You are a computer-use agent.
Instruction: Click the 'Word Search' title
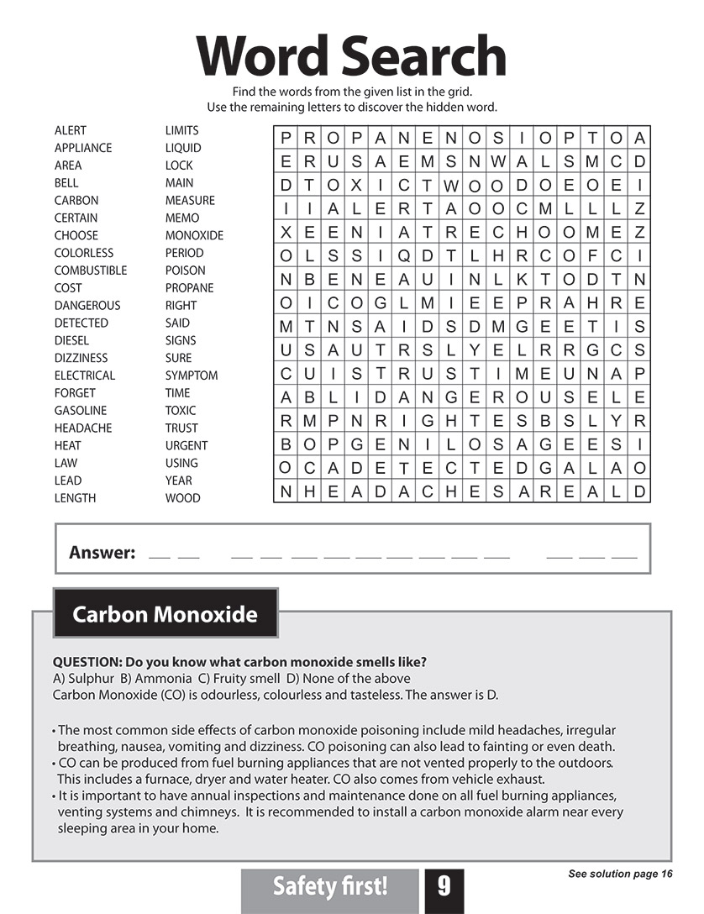(x=351, y=56)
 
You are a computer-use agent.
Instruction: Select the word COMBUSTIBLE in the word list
(x=91, y=271)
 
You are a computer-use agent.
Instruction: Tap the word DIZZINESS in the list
(x=81, y=358)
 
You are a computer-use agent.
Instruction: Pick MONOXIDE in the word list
(x=194, y=235)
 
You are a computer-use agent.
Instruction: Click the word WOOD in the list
(x=182, y=498)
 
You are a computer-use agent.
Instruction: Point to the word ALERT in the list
(x=71, y=130)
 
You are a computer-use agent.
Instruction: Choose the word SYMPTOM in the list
(x=192, y=376)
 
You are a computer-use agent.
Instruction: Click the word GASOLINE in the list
(x=81, y=411)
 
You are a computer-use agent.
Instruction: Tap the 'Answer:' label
(x=102, y=553)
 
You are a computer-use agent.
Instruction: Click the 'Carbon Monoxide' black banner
(x=165, y=614)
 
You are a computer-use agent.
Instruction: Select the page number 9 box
(x=444, y=886)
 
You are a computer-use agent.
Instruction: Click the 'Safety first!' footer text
(x=330, y=886)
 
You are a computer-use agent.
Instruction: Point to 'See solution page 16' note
(x=620, y=875)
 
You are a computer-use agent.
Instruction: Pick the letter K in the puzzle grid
(x=522, y=279)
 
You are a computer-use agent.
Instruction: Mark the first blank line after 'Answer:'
(x=158, y=556)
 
